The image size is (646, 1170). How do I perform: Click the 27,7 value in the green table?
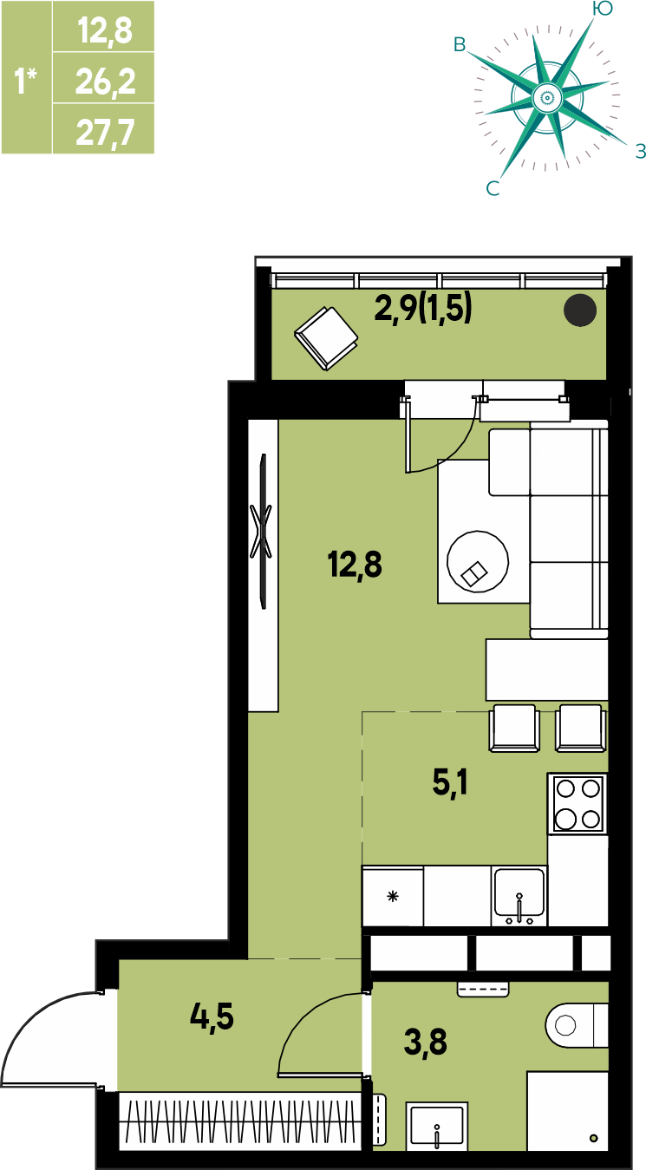105,133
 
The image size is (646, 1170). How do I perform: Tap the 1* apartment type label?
25,81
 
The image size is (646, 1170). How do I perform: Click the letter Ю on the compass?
603,9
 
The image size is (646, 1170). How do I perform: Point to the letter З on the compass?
640,152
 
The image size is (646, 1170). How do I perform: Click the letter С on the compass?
493,188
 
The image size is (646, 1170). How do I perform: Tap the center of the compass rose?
547,97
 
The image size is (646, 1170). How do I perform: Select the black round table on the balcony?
580,310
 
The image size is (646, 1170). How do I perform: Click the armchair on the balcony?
326,338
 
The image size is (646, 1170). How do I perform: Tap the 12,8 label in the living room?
355,565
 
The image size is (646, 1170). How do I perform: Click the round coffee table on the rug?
477,561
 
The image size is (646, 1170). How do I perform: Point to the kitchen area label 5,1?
450,783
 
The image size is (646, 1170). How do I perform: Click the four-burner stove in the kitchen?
577,804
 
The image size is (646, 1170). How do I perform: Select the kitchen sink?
519,896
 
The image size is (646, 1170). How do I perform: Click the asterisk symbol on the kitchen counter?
393,897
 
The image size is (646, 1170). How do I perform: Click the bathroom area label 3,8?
425,1042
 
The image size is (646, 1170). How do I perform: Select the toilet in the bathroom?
577,1025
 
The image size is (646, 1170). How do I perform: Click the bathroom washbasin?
436,1126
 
